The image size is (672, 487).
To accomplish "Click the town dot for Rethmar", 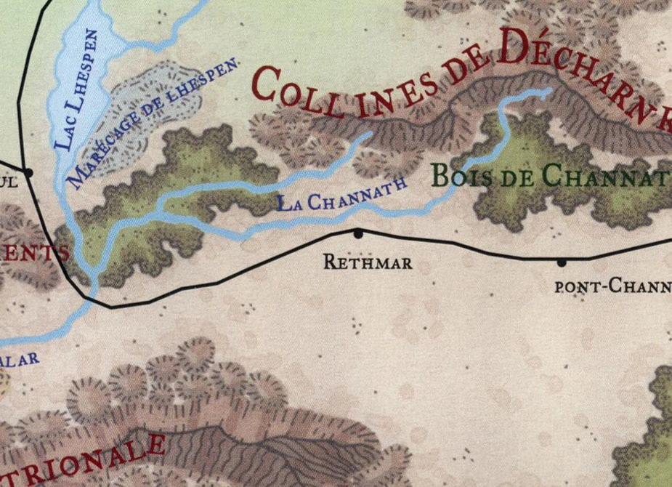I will [x=357, y=233].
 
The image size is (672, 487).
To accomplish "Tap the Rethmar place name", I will [x=368, y=262].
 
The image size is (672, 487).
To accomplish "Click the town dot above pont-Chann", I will [x=561, y=262].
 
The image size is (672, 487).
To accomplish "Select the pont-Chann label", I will [x=612, y=286].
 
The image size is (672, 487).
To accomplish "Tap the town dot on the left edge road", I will [x=28, y=172].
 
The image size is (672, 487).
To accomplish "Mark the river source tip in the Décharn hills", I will [x=548, y=91].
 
